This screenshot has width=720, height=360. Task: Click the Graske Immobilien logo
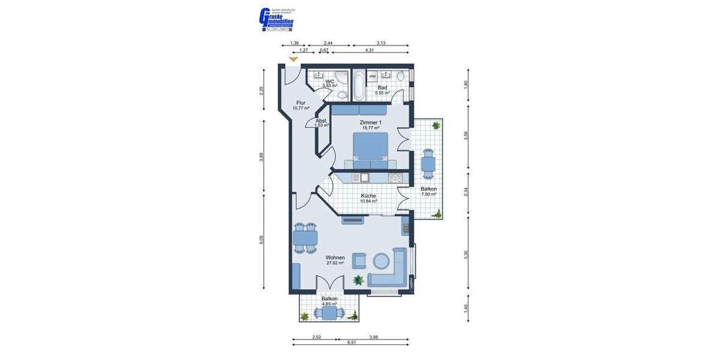(275, 19)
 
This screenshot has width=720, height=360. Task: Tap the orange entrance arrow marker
(293, 59)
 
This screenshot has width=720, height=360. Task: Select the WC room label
(329, 82)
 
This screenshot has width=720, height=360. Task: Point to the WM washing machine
(372, 76)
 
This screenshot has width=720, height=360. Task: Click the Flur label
(301, 103)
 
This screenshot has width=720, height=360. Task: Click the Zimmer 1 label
(370, 122)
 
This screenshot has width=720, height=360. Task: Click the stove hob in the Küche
(395, 178)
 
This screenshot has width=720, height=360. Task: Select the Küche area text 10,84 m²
(368, 201)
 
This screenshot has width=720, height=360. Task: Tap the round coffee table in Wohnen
(382, 260)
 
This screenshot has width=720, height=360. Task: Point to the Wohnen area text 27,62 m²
(335, 263)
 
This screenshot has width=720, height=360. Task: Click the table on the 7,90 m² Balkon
(428, 163)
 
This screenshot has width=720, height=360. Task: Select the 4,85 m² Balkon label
(329, 299)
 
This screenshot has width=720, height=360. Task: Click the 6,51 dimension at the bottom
(351, 342)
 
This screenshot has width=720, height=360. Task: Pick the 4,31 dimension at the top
(370, 50)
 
